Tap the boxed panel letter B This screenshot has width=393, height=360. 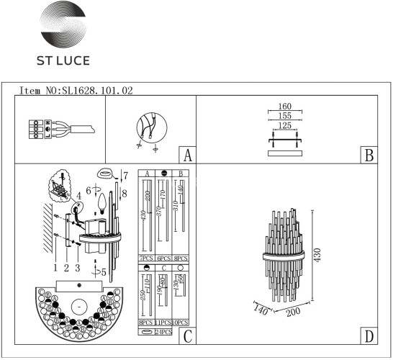[368, 156]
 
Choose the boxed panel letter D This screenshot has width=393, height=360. [368, 336]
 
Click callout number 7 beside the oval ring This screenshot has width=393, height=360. [125, 176]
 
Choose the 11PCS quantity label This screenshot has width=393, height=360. [163, 324]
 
